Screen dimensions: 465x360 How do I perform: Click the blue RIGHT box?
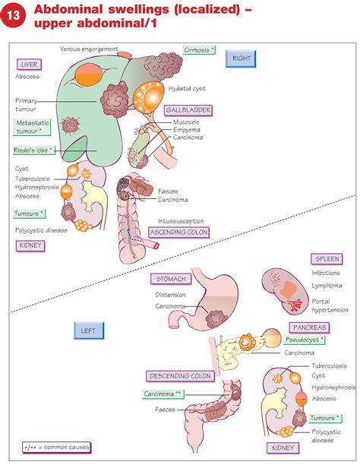pyautogui.click(x=242, y=58)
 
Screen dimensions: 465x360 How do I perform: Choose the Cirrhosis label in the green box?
pyautogui.click(x=200, y=50)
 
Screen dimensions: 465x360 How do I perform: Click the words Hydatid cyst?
pyautogui.click(x=188, y=89)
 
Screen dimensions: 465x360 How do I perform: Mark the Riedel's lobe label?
pyautogui.click(x=33, y=150)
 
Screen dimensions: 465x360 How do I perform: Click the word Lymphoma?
pyautogui.click(x=327, y=286)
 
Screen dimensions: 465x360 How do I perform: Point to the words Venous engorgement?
pyautogui.click(x=90, y=49)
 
